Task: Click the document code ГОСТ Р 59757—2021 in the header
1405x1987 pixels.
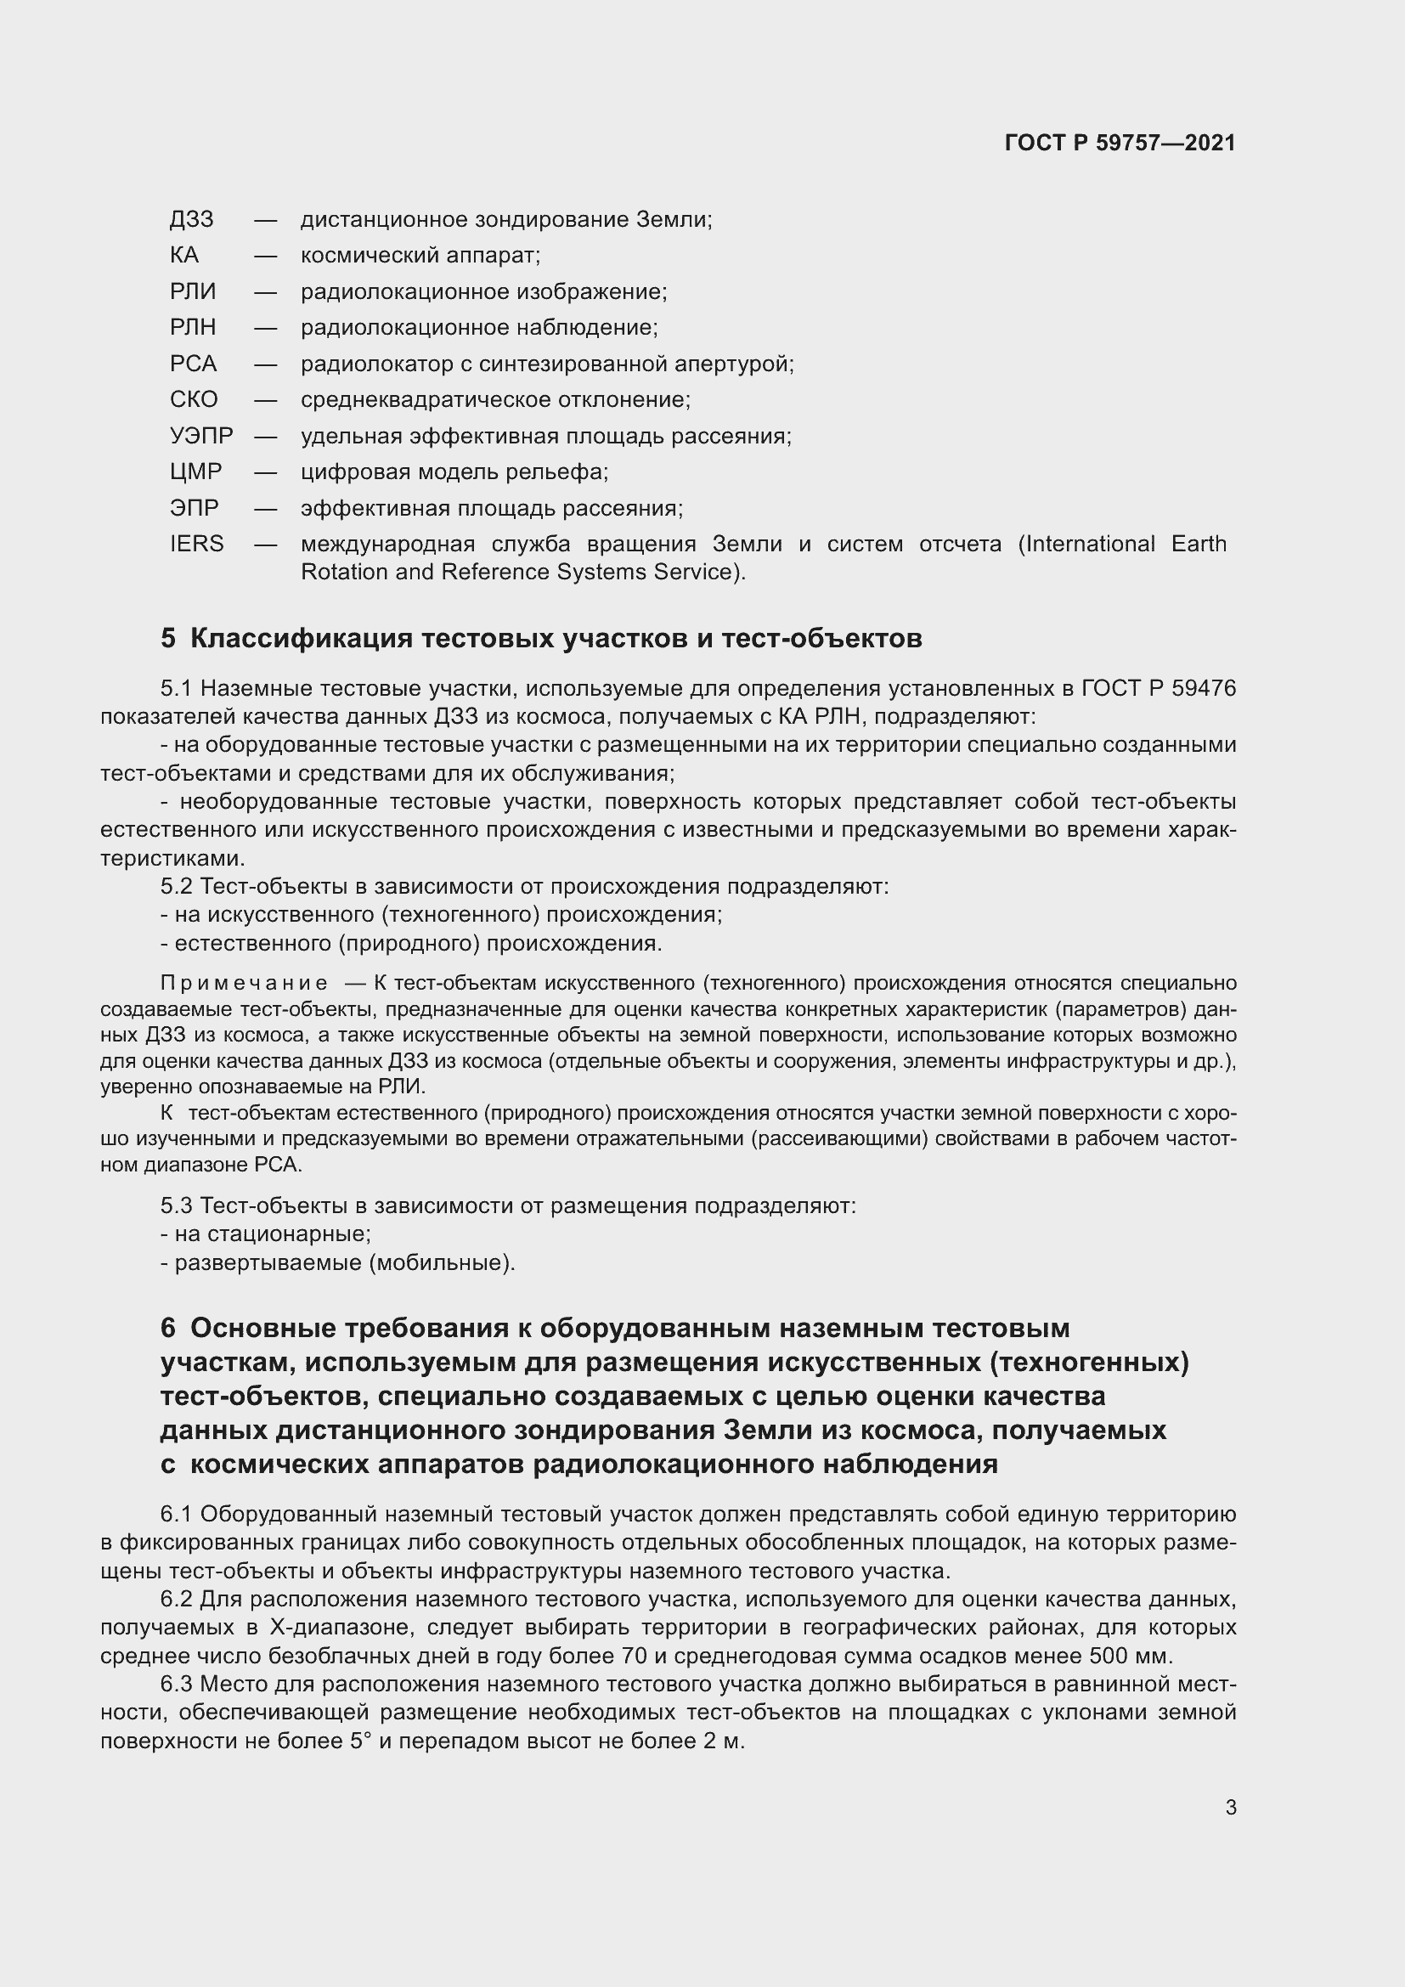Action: click(x=1120, y=143)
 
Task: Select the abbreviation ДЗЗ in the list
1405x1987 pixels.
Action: click(x=191, y=220)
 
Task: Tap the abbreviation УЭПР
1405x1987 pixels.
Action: click(x=200, y=436)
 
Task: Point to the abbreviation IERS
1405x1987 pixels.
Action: click(x=196, y=545)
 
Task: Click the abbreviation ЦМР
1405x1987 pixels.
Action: click(x=195, y=472)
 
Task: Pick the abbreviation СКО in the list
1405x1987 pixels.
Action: click(x=194, y=400)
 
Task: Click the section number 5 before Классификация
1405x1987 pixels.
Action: click(x=168, y=639)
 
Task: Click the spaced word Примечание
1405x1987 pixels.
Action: click(x=244, y=984)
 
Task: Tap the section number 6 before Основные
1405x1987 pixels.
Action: click(x=168, y=1329)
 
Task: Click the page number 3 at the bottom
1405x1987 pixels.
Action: click(x=1230, y=1808)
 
